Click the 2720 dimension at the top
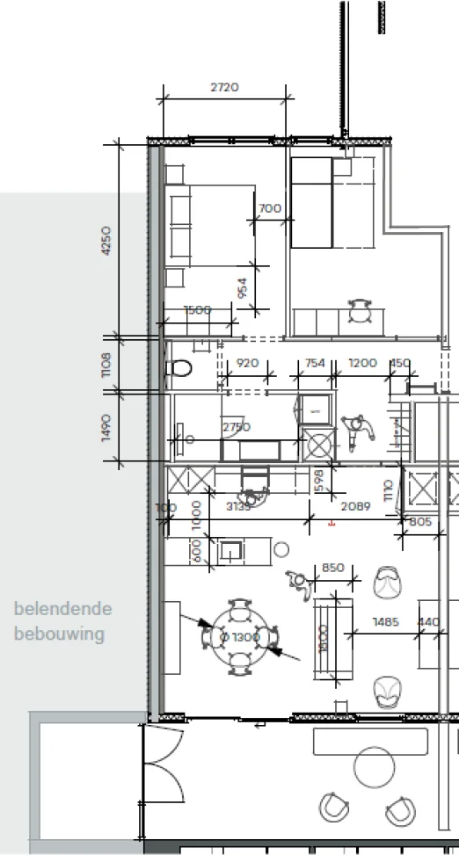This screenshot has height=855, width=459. point(225,87)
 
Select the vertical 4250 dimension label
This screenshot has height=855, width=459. point(106,239)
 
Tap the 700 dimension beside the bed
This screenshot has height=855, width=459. point(270,208)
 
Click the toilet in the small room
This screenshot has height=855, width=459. point(181,367)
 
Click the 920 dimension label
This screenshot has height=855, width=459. point(248,363)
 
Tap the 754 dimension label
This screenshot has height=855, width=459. point(315,363)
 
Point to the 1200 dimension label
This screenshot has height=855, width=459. point(362,363)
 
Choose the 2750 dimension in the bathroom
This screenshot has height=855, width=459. point(236,427)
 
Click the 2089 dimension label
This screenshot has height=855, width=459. point(355,506)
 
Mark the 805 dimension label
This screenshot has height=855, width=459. point(421,522)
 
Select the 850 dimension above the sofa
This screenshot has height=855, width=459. point(332,568)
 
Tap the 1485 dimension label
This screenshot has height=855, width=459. point(385,622)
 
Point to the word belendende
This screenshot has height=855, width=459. point(62,609)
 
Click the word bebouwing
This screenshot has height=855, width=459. point(58,634)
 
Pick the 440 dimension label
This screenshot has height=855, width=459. point(430,622)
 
